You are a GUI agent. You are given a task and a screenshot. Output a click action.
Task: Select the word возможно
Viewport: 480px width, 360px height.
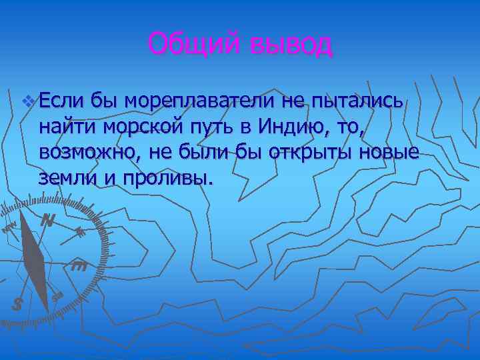(x=83, y=152)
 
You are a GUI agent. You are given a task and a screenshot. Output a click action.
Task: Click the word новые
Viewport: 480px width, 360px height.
(x=390, y=152)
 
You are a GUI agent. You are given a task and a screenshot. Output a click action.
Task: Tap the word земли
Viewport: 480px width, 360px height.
(x=67, y=177)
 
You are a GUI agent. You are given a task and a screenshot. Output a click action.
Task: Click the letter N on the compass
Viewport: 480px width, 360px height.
(x=47, y=219)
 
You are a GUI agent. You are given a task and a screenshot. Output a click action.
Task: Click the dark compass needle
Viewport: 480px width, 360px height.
(x=33, y=257)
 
